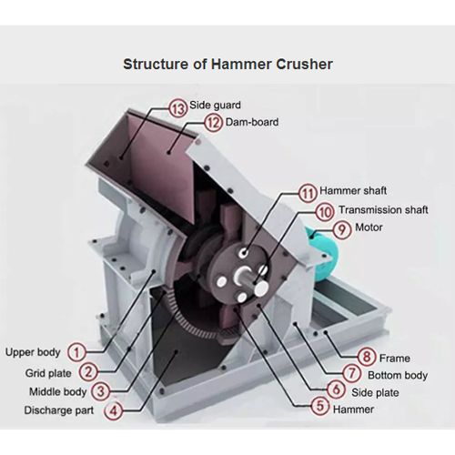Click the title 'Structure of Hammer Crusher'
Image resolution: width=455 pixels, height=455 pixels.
point(227,65)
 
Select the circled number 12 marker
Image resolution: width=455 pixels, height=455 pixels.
point(213,121)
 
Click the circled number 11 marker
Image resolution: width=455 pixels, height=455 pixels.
point(309,192)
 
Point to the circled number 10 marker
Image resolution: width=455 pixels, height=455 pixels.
point(325,210)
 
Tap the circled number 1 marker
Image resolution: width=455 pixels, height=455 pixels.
point(78,351)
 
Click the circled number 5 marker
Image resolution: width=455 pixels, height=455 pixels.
point(319,407)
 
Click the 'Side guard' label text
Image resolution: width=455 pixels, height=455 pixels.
point(215,106)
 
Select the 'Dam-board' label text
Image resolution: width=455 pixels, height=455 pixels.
point(253,121)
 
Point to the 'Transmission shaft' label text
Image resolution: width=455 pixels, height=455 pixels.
point(384,210)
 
